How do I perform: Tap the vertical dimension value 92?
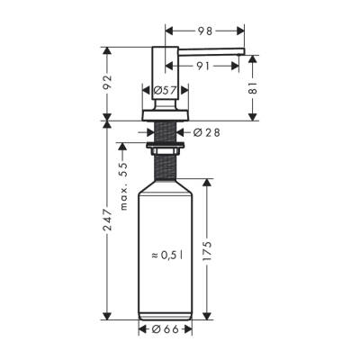[x=109, y=83]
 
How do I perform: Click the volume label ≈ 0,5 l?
[x=167, y=256]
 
